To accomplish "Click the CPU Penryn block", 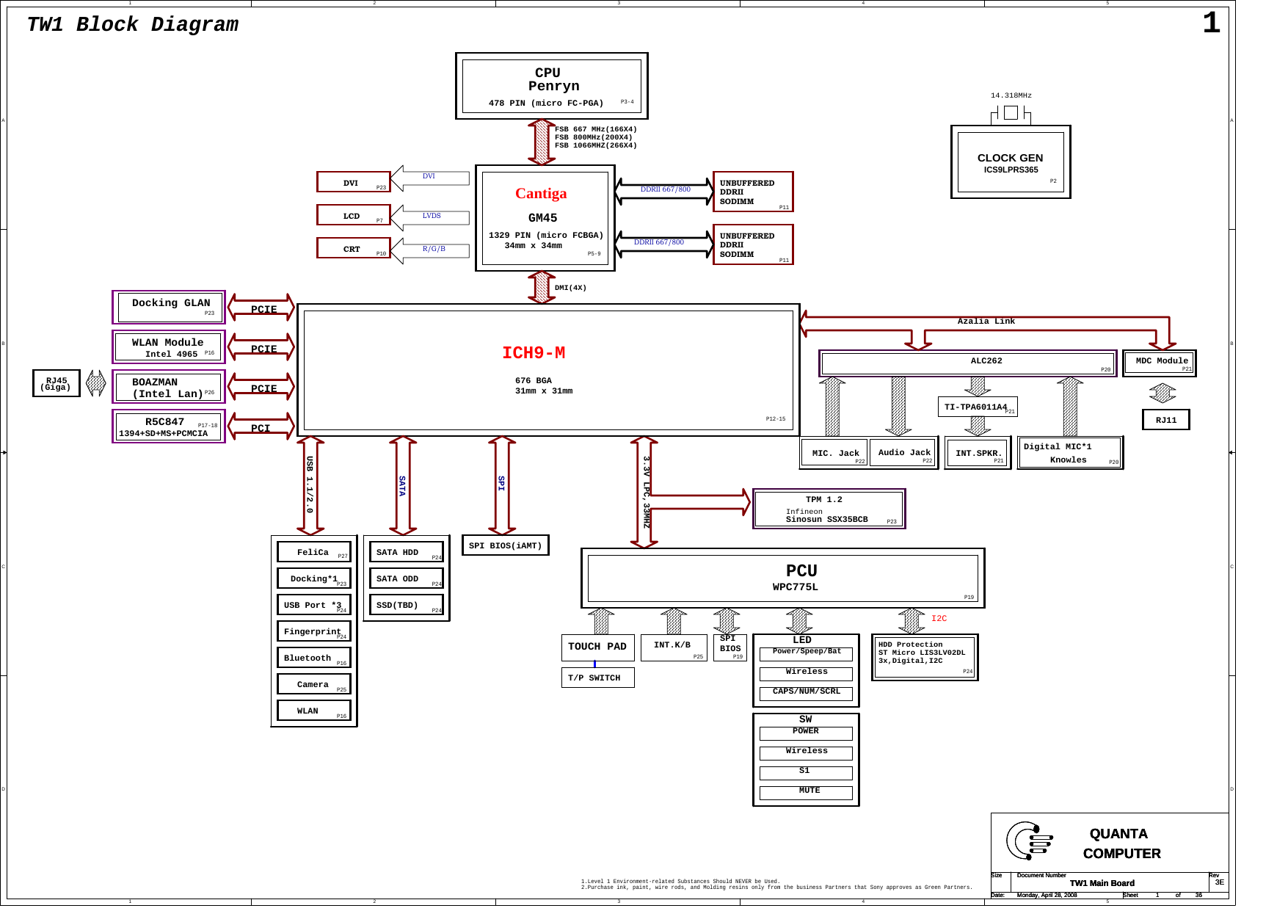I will pyautogui.click(x=551, y=86).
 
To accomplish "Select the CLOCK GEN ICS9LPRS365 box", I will pyautogui.click(x=1010, y=162).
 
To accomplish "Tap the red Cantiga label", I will pyautogui.click(x=541, y=193).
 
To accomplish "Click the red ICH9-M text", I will pyautogui.click(x=534, y=353).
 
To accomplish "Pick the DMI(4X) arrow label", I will pyautogui.click(x=570, y=288).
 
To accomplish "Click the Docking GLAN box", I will pyautogui.click(x=169, y=307).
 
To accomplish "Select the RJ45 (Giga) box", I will pyautogui.click(x=57, y=383).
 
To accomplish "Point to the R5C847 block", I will pyautogui.click(x=169, y=427).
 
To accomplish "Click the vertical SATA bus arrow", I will pyautogui.click(x=402, y=485).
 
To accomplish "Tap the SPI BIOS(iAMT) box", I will pyautogui.click(x=505, y=545).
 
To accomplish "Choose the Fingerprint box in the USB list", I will pyautogui.click(x=314, y=631).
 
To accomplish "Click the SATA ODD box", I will pyautogui.click(x=406, y=578).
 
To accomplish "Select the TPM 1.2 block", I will pyautogui.click(x=829, y=509).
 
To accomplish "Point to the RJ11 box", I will pyautogui.click(x=1165, y=420).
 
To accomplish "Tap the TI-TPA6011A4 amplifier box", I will pyautogui.click(x=977, y=407).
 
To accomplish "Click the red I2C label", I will pyautogui.click(x=939, y=618).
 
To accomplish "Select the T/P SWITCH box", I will pyautogui.click(x=597, y=678).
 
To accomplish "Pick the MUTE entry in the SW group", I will pyautogui.click(x=806, y=792).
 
